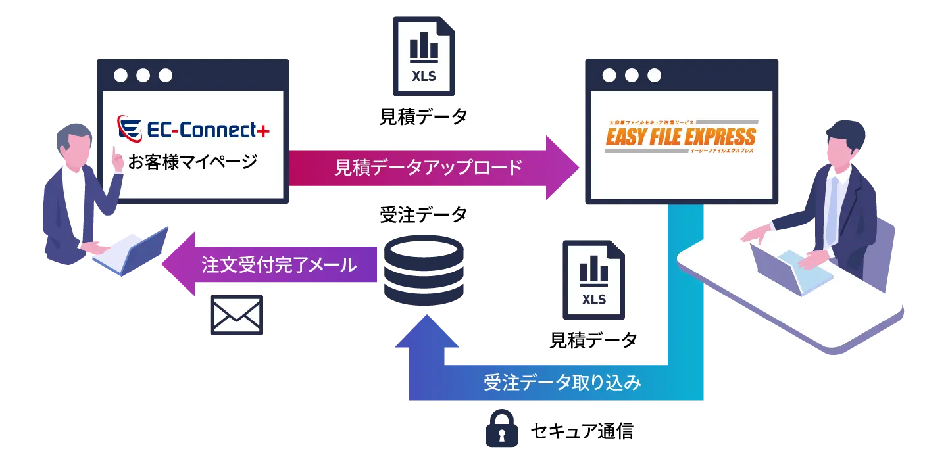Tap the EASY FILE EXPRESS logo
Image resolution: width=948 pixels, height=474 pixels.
pos(681,137)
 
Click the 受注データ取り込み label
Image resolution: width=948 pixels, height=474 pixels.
pos(562,383)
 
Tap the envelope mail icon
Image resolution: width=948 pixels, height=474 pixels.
pos(237,314)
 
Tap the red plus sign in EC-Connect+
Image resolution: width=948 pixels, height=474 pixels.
pos(263,131)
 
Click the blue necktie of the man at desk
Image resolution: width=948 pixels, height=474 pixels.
pos(833,210)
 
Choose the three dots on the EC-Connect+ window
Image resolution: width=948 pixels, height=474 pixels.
pos(142,75)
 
